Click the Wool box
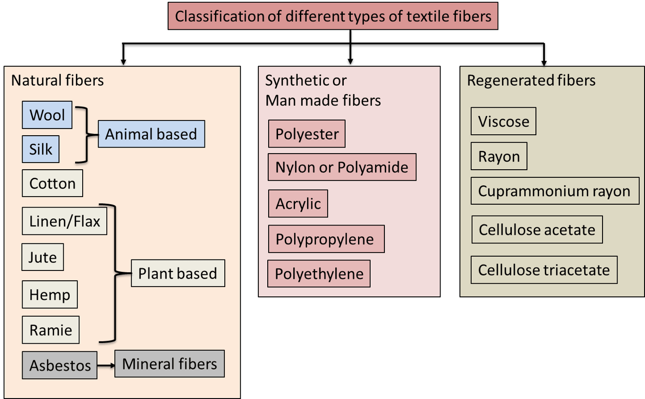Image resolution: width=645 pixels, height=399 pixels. click(47, 115)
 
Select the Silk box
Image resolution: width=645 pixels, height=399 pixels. click(41, 149)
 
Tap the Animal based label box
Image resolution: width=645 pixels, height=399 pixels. click(151, 134)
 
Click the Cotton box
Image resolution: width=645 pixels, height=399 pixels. click(52, 183)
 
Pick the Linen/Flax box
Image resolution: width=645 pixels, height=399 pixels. click(65, 221)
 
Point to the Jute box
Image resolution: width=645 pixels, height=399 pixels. click(42, 257)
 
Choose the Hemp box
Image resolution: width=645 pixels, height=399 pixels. click(50, 295)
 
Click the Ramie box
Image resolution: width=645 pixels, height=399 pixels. click(51, 330)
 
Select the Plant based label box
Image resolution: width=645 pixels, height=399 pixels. click(178, 273)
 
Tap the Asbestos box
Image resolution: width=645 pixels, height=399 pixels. click(59, 365)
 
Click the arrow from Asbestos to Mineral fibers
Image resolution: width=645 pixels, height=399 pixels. click(106, 365)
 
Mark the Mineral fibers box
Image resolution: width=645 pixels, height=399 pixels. click(170, 364)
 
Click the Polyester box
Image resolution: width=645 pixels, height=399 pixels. click(307, 134)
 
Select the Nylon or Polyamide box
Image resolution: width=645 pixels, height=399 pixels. click(342, 167)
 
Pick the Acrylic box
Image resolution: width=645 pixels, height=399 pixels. click(298, 204)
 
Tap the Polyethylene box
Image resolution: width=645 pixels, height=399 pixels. click(319, 274)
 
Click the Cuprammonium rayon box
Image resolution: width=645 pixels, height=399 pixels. click(554, 191)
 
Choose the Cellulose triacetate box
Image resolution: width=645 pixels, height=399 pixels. click(544, 270)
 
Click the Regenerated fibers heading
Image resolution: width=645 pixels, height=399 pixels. click(531, 80)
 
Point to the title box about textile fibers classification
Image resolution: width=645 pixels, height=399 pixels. click(333, 17)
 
